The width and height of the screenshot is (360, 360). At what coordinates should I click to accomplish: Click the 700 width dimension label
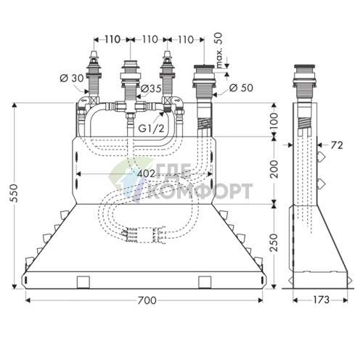point(147,300)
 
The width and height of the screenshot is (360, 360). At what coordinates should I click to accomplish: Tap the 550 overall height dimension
point(14,193)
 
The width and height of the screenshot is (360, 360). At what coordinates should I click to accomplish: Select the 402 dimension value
point(146,173)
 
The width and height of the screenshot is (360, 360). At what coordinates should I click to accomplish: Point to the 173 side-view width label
point(322,300)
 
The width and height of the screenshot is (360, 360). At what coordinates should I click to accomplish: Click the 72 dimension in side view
point(337,145)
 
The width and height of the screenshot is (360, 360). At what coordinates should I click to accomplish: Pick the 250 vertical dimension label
point(274,242)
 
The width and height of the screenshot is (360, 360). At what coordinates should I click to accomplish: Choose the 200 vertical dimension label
point(274,169)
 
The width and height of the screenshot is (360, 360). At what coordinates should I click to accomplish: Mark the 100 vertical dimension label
point(274,121)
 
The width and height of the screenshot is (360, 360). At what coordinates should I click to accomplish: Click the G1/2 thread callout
point(151,128)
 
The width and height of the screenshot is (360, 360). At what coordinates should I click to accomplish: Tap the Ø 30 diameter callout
point(72,78)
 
